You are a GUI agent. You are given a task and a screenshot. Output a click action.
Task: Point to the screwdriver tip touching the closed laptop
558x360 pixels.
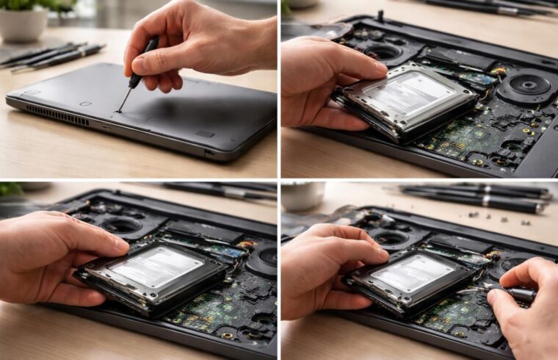[118, 111]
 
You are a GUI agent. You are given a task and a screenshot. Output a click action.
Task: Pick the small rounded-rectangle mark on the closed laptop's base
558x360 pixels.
[205, 134]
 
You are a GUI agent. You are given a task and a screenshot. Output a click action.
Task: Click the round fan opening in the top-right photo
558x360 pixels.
[384, 52]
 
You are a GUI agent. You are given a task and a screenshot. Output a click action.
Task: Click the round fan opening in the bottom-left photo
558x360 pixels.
[117, 225]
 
